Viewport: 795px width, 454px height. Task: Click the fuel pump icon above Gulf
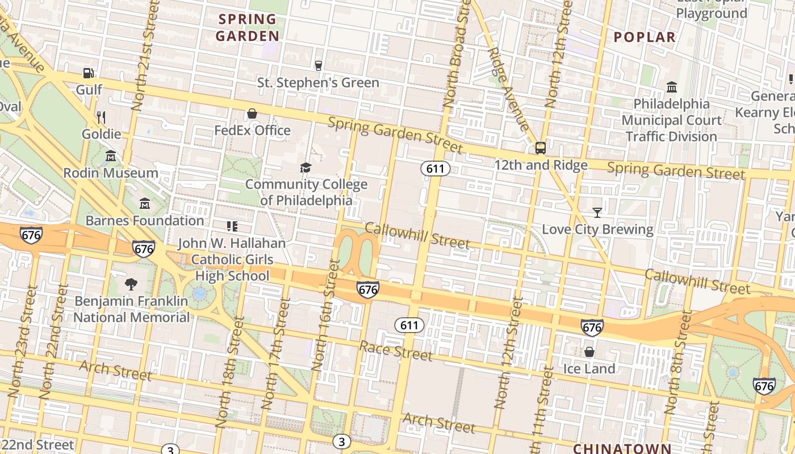point(88,73)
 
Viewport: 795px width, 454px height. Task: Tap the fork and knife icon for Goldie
point(101,117)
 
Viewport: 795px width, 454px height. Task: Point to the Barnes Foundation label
point(145,220)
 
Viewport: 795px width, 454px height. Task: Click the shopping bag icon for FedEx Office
point(252,113)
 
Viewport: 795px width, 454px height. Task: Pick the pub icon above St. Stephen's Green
point(319,66)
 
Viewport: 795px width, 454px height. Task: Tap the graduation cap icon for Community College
point(306,167)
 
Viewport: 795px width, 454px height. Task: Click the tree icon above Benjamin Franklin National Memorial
point(131,284)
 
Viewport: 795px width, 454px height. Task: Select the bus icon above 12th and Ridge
point(541,148)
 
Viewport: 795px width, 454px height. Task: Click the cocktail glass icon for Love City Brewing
point(597,213)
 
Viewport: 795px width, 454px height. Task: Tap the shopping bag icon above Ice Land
point(589,352)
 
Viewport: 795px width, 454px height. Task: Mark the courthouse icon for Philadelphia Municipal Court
point(672,87)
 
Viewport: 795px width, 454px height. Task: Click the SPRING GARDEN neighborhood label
point(248,28)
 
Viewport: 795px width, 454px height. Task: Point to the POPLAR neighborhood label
point(645,37)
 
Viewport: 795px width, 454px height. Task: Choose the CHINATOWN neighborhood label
point(621,448)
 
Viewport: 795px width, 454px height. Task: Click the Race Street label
point(396,351)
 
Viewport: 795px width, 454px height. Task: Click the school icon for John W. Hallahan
point(232,226)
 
